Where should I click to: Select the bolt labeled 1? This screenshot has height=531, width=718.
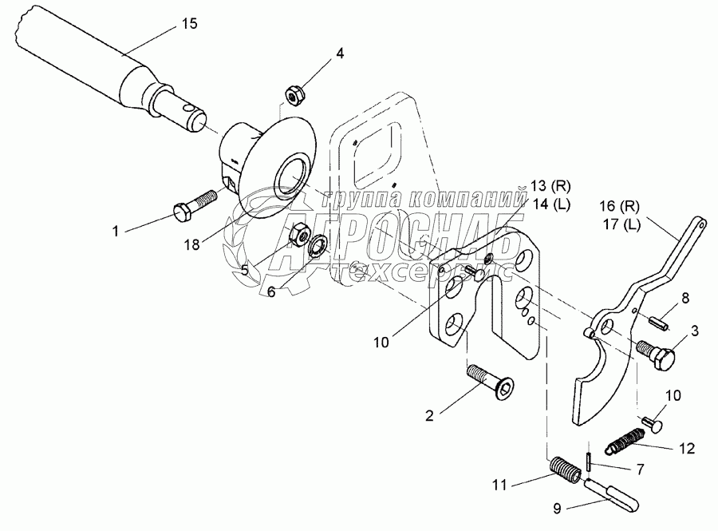[194, 205]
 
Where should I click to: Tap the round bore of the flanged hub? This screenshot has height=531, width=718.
[290, 177]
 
